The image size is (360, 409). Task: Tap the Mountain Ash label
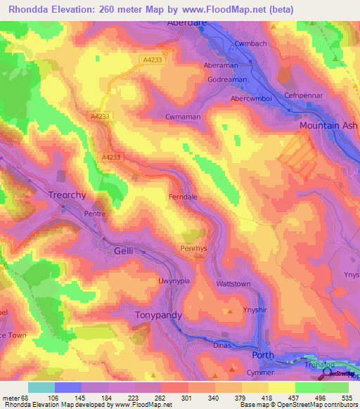328,125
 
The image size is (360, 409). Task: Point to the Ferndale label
184,197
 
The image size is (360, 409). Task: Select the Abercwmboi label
252,99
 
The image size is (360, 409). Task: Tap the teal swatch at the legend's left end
41,387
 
